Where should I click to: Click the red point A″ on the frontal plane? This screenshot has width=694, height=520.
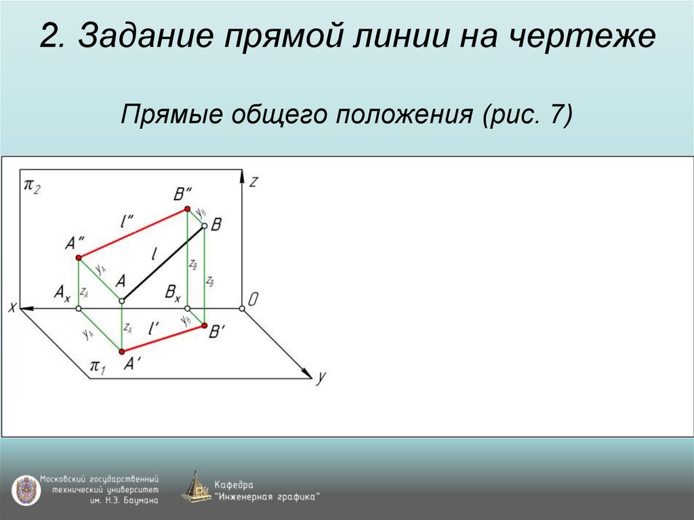(x=79, y=258)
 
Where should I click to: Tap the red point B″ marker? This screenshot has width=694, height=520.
(x=188, y=211)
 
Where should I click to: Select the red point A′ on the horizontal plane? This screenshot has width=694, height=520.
(x=121, y=351)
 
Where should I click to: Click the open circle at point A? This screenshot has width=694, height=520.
(x=121, y=300)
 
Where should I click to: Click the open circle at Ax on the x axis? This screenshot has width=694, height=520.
(x=79, y=309)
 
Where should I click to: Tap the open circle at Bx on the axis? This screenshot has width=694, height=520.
(x=188, y=309)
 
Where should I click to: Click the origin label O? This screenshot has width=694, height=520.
(x=253, y=300)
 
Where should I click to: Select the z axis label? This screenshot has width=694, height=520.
(x=253, y=182)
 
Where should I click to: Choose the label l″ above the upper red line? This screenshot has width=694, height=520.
(x=125, y=220)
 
